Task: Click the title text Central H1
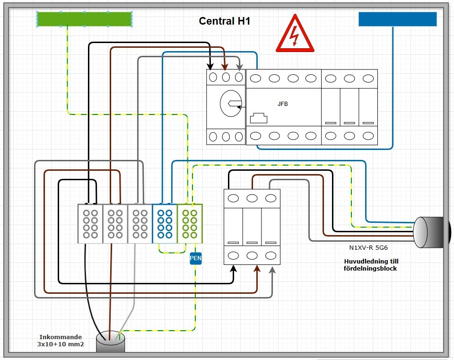point(224,21)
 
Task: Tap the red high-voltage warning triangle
point(295,35)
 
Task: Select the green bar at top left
point(84,19)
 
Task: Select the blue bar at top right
point(397,19)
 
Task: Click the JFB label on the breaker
point(283,103)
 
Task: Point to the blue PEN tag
point(196,258)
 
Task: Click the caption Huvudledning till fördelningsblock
point(370,264)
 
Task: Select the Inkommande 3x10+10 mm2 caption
point(61,341)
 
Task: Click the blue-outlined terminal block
point(165,223)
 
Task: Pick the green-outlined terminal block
point(190,223)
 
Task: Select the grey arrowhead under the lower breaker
point(273,269)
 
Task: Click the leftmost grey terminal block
point(90,223)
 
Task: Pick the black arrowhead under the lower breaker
point(234,269)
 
